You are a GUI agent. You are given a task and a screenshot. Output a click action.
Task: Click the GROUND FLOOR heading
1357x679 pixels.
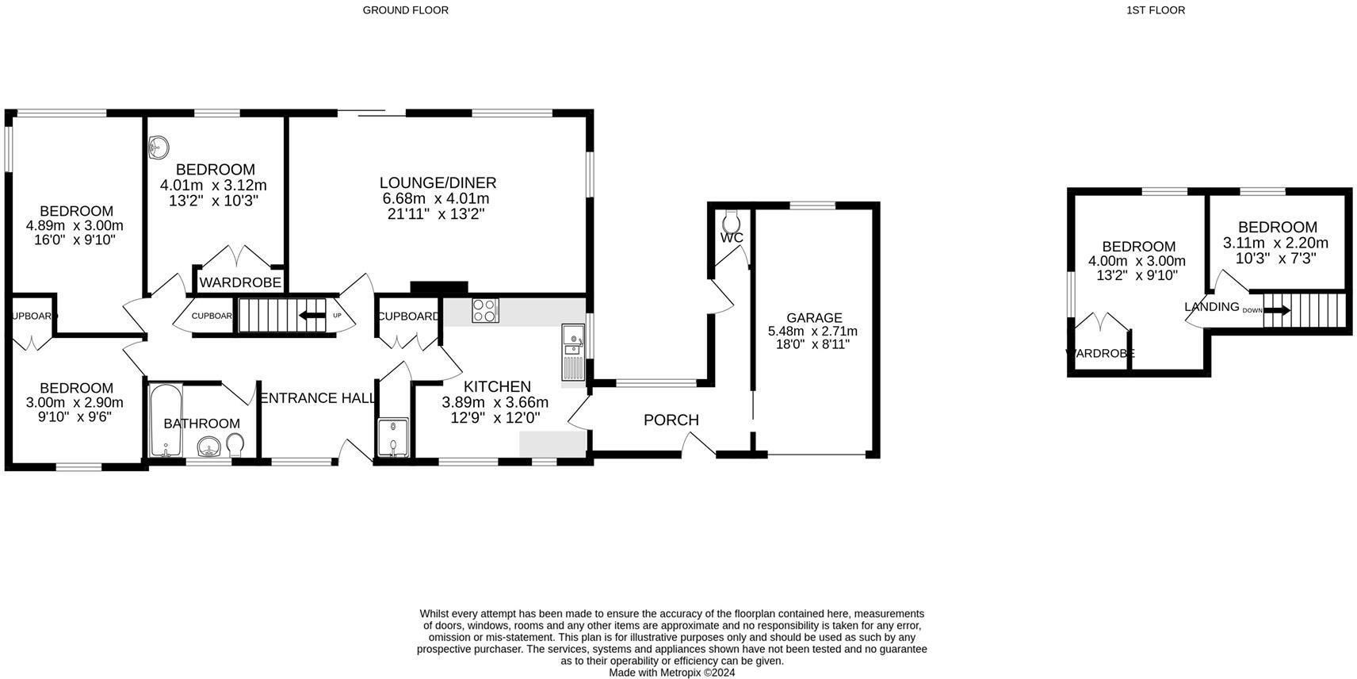tap(405, 10)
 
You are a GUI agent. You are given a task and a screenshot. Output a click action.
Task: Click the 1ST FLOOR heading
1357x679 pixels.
tap(1155, 10)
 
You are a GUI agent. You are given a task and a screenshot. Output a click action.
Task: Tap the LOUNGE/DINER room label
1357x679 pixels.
tap(438, 183)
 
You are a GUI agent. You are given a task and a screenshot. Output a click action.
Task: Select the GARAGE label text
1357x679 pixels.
tap(814, 317)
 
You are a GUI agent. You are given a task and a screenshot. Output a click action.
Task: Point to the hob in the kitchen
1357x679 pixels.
tap(484, 310)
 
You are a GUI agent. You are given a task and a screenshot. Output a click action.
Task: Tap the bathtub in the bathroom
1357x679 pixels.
tap(166, 420)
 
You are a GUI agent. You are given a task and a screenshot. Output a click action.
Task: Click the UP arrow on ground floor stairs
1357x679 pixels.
tap(312, 316)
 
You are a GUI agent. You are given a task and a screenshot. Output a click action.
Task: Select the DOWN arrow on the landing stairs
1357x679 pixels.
tap(1276, 310)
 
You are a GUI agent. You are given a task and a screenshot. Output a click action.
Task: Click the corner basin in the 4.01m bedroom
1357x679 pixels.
tap(159, 146)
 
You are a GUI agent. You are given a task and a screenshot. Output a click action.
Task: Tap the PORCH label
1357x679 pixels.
tap(671, 420)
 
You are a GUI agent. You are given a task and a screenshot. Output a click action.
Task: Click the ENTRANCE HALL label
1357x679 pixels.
tap(317, 398)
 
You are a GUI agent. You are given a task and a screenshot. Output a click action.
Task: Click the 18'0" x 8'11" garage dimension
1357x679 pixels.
tap(812, 345)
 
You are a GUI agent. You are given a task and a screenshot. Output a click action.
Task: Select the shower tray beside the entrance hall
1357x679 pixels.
tap(392, 438)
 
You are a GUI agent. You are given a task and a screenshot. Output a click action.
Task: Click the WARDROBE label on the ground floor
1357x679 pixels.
tap(240, 282)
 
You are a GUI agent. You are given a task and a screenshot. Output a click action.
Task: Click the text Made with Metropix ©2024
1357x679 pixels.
tap(671, 672)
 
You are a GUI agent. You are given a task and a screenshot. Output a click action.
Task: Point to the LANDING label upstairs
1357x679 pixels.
tap(1211, 307)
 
